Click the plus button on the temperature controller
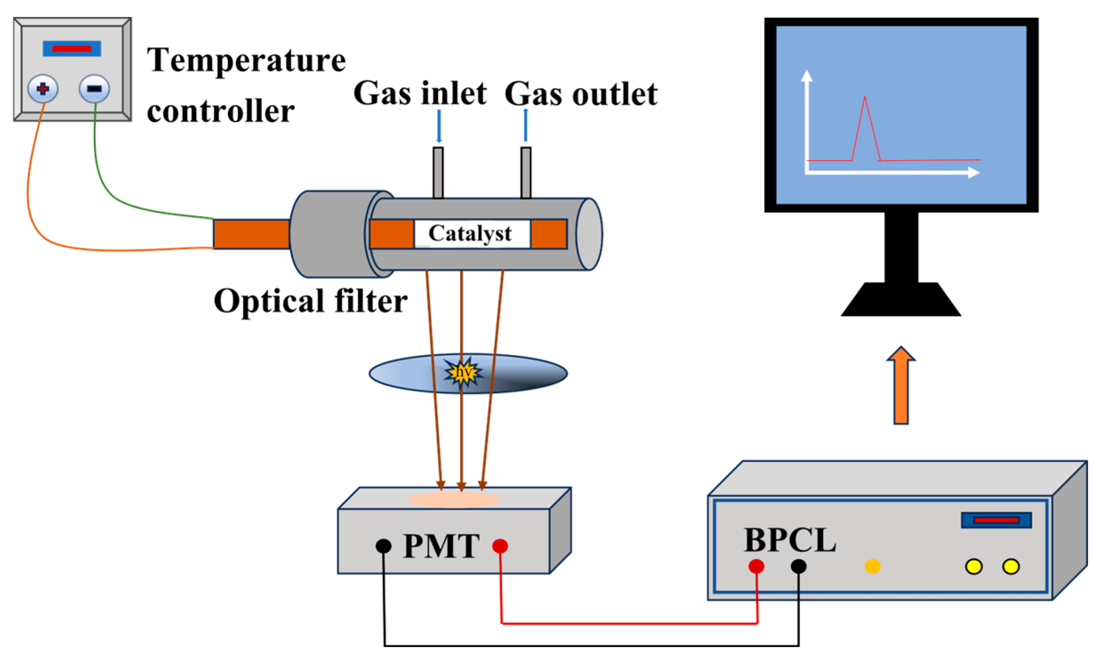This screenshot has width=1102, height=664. click(x=43, y=89)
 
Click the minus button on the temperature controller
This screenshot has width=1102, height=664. click(x=94, y=89)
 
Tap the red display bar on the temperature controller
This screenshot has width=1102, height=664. click(x=72, y=48)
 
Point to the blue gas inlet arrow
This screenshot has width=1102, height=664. click(x=439, y=126)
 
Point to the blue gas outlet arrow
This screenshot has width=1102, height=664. click(x=525, y=125)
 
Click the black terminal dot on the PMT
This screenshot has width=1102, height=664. click(x=383, y=546)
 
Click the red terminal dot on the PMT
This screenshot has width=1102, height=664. click(x=500, y=546)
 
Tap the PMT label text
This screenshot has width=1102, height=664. click(x=441, y=546)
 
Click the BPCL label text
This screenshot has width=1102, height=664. click(x=789, y=540)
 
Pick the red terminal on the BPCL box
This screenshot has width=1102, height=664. click(x=756, y=567)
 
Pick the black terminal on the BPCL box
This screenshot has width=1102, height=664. click(x=798, y=567)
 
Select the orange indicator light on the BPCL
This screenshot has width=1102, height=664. click(x=872, y=567)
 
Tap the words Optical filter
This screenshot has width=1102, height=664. click(x=310, y=301)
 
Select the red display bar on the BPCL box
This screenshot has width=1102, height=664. click(x=996, y=520)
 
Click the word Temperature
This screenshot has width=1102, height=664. click(x=246, y=60)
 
